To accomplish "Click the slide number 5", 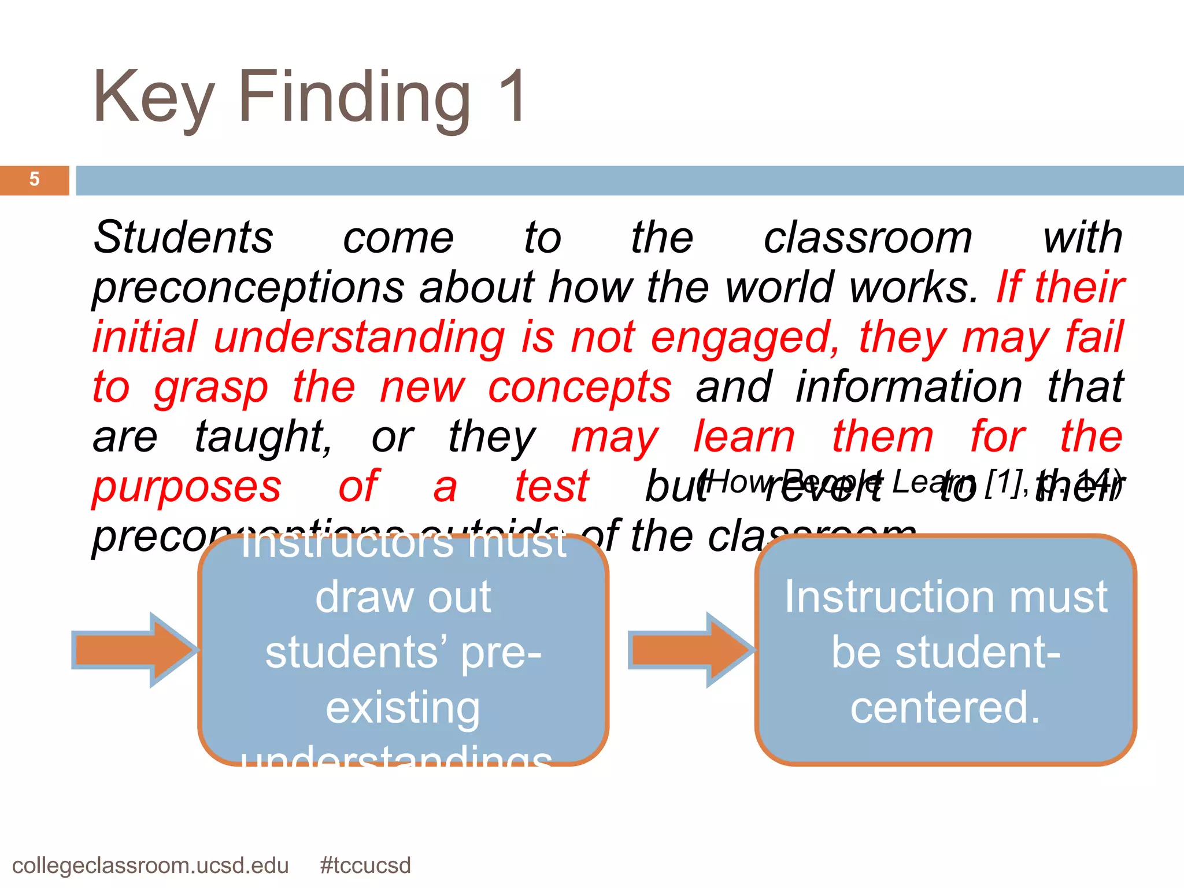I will click(34, 179).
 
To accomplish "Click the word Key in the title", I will click(153, 98).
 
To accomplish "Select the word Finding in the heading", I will click(354, 98).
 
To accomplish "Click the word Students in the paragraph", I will click(183, 237).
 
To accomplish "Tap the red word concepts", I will click(579, 387).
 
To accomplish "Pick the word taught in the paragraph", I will click(263, 437).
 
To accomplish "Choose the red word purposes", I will click(187, 487).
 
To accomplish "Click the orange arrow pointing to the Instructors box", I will click(135, 650).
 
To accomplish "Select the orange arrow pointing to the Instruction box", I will click(691, 650).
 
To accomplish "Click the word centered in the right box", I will click(945, 706).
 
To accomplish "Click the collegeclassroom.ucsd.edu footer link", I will click(150, 865).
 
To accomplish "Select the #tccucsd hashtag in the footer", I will click(365, 865).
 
